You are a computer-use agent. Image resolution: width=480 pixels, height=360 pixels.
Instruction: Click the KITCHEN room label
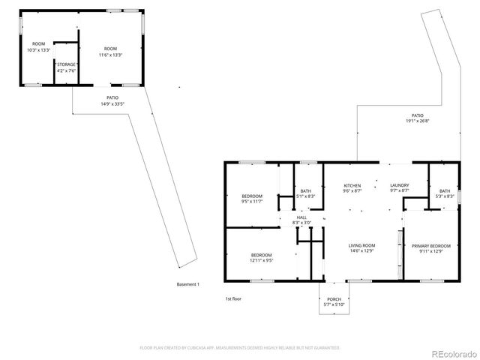[x=352, y=185]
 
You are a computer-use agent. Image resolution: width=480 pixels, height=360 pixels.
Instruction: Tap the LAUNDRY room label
[x=399, y=185]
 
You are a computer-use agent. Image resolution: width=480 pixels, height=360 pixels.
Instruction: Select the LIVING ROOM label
[x=361, y=245]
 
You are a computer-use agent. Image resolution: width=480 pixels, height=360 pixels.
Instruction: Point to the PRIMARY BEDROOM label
[x=430, y=245]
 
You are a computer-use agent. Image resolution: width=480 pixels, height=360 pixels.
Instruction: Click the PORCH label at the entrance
[x=334, y=298]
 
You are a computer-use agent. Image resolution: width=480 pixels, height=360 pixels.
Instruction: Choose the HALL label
[x=301, y=217]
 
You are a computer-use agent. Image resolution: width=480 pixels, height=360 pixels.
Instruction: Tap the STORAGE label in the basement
[x=65, y=65]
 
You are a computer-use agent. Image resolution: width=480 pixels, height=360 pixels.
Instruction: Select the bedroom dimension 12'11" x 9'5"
[x=262, y=261]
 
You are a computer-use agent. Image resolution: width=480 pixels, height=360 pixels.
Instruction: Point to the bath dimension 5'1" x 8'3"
[x=305, y=196]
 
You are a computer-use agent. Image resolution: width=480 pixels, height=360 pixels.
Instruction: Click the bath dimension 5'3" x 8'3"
[x=445, y=196]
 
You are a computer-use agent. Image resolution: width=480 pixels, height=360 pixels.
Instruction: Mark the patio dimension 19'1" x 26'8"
[x=417, y=121]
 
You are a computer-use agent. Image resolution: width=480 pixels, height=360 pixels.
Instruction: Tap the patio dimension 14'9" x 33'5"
[x=112, y=103]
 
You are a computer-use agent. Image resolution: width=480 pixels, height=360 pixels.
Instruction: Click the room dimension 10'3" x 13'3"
[x=37, y=50]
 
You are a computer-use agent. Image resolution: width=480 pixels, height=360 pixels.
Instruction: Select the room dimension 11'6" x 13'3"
[x=110, y=55]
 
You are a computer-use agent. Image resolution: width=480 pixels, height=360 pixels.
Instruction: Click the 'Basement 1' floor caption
[x=187, y=284]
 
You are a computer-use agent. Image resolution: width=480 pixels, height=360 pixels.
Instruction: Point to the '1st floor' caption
[x=233, y=298]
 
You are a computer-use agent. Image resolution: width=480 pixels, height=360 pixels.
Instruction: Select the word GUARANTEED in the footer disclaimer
[x=323, y=348]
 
